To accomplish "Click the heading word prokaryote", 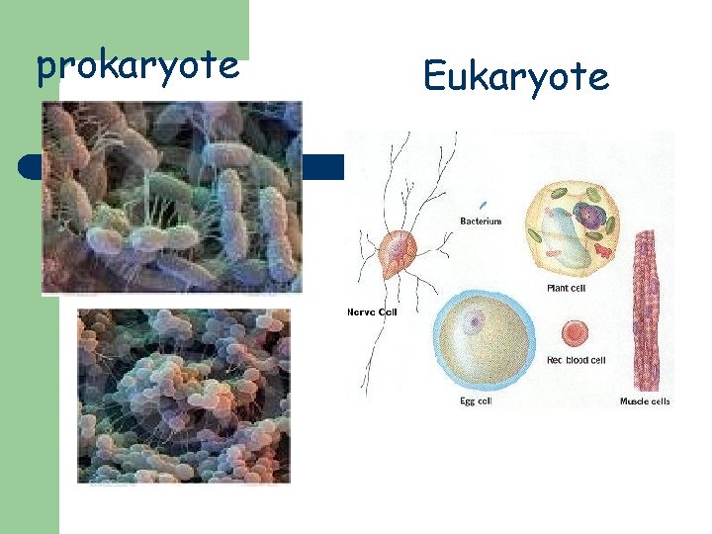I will pos(137,65).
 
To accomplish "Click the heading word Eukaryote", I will pos(515,75).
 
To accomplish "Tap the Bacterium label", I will pos(481,222).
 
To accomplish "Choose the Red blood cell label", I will pos(576,360).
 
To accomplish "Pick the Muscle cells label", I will pos(645,400).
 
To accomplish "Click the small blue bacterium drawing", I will pos(484,206).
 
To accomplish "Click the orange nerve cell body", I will pos(400,254).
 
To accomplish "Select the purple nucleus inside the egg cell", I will pos(477,319).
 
